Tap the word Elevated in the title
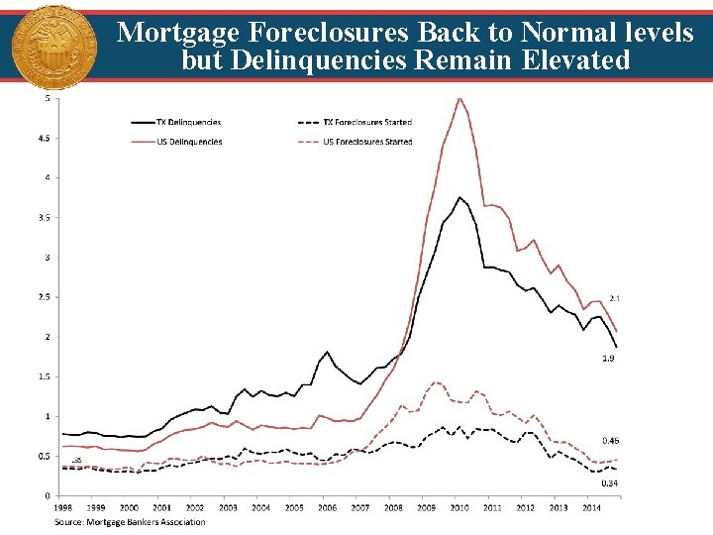pyautogui.click(x=571, y=60)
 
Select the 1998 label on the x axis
pyautogui.click(x=63, y=507)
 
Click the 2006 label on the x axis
pyautogui.click(x=327, y=507)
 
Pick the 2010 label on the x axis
pyautogui.click(x=458, y=507)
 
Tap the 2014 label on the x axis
pyautogui.click(x=590, y=507)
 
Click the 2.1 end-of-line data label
pyautogui.click(x=614, y=297)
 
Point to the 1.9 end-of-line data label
pyautogui.click(x=608, y=357)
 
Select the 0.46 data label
pyautogui.click(x=611, y=440)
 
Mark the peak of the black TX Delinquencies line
pyautogui.click(x=458, y=197)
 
